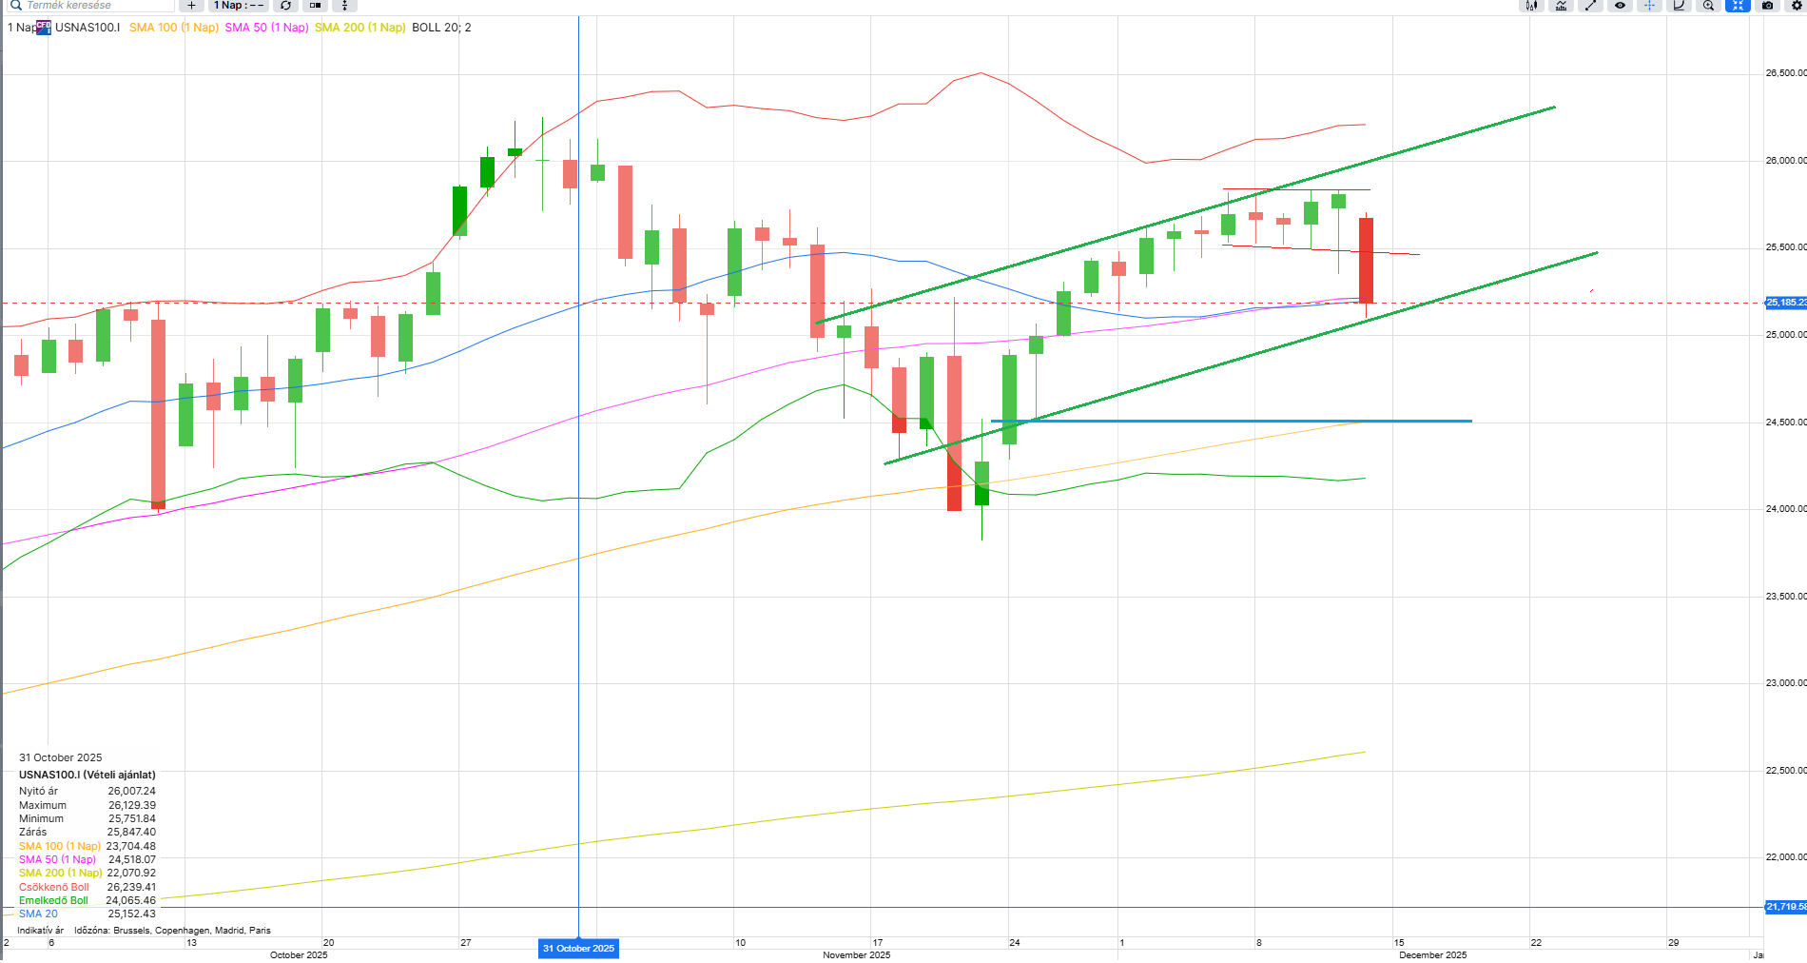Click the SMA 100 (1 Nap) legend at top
coord(173,28)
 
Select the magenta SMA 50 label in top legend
coord(266,28)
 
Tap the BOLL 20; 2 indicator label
coord(441,28)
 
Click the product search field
coord(90,6)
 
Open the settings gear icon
coord(1797,6)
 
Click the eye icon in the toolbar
coord(1620,6)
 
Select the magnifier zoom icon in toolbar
coord(1708,6)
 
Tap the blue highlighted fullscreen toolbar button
coord(1738,6)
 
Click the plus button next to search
coord(191,6)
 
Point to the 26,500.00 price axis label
coord(1785,73)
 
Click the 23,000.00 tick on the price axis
coord(1785,683)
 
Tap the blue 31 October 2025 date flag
coord(578,949)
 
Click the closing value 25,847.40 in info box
coord(131,832)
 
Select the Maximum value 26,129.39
coord(131,805)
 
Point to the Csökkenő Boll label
coord(54,887)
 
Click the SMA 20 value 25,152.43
coord(131,914)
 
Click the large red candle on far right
coord(1366,260)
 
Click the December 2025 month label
coord(1432,954)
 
